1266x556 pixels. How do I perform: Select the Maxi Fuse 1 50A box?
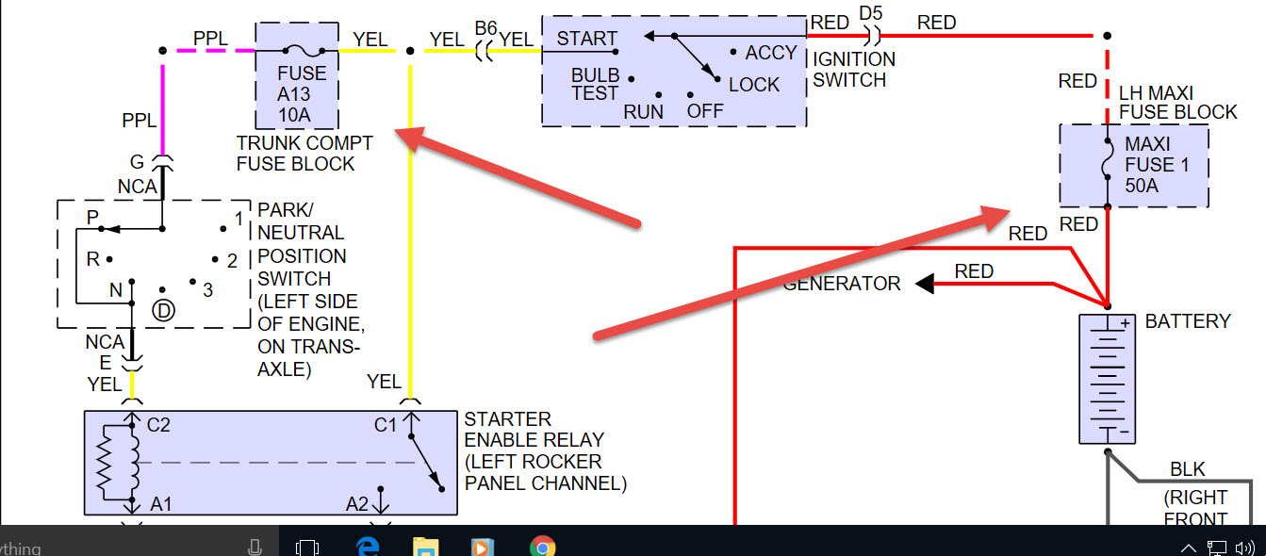click(x=1134, y=165)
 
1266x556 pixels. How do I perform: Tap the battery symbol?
click(x=1107, y=379)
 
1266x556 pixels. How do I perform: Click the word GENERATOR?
click(x=842, y=283)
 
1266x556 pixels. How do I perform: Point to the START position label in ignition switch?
click(x=586, y=39)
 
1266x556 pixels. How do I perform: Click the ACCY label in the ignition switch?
click(x=770, y=53)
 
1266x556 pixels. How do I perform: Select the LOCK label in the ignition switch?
click(x=753, y=85)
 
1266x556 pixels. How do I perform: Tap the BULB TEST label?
click(x=595, y=84)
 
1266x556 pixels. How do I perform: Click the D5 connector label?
click(x=871, y=14)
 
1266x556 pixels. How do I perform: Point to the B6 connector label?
click(x=485, y=27)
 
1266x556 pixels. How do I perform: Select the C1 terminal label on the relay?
click(x=386, y=425)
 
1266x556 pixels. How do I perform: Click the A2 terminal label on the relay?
click(x=356, y=504)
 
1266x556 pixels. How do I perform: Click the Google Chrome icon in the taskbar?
click(x=541, y=546)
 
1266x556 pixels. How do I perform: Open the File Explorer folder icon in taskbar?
click(x=426, y=546)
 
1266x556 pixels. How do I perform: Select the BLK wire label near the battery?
click(x=1187, y=469)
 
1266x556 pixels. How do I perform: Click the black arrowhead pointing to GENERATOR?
click(x=926, y=284)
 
